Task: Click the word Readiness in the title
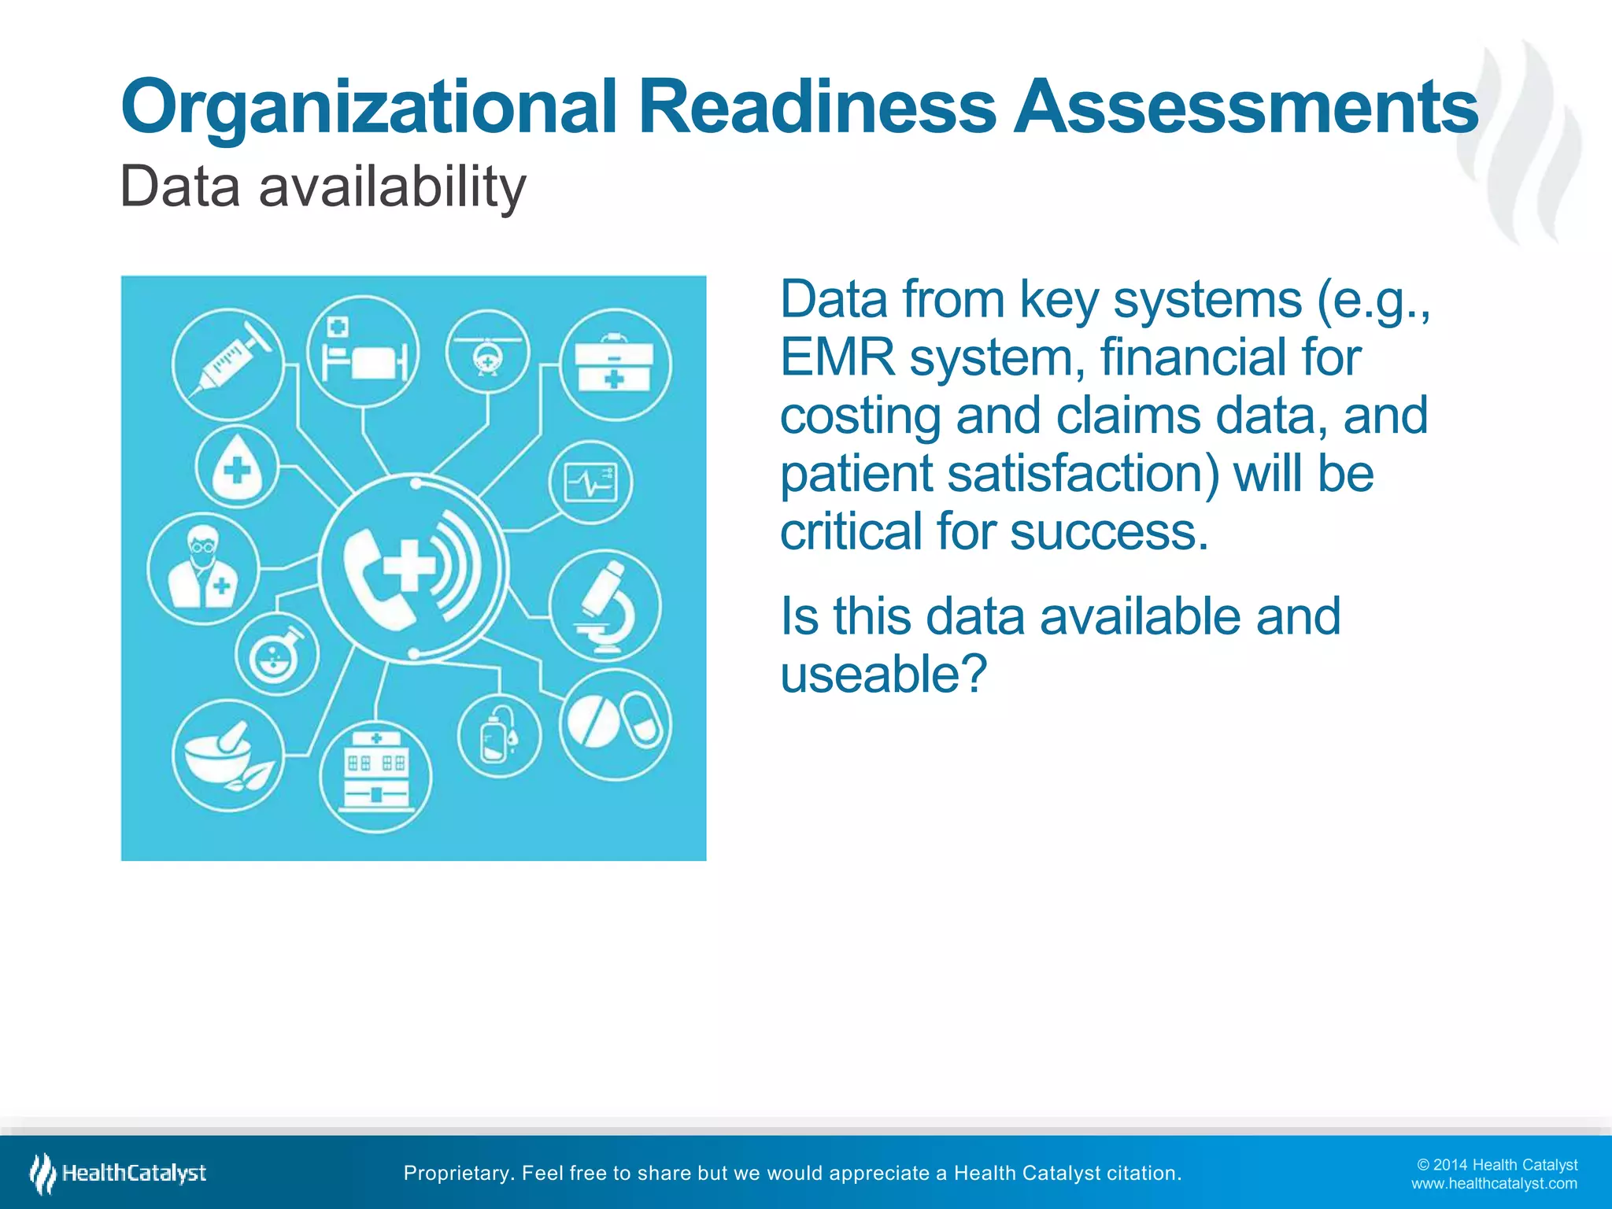pos(816,108)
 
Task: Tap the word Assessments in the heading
pos(1245,108)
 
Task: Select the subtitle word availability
pos(392,187)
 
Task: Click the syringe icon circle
pos(227,364)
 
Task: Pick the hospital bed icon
pos(363,352)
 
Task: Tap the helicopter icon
pos(487,352)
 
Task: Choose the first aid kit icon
pos(615,364)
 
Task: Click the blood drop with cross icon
pos(237,467)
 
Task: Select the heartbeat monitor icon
pos(591,482)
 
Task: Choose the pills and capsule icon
pos(616,723)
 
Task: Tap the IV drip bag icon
pos(499,736)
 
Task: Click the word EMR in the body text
pos(837,358)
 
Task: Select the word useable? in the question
pos(883,675)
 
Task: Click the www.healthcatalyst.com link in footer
pos(1494,1184)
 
